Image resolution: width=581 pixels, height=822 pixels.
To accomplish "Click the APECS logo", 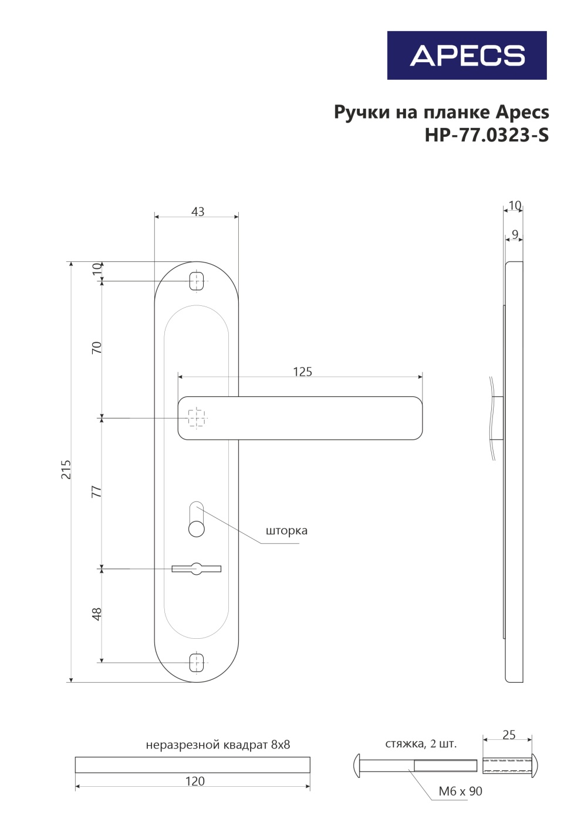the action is [x=467, y=55].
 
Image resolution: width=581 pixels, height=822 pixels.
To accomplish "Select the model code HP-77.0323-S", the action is [x=487, y=135].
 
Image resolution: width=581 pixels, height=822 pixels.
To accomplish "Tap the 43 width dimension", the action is [x=198, y=212].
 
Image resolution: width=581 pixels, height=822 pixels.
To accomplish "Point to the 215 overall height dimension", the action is [x=66, y=469].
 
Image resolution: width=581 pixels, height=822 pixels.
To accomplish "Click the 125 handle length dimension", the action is [x=303, y=372].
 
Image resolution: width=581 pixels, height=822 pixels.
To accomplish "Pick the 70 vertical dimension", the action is [x=96, y=348].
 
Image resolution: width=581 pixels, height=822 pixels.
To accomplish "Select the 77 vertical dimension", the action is [x=96, y=492].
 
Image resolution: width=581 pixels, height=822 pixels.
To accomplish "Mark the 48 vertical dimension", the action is [x=96, y=614].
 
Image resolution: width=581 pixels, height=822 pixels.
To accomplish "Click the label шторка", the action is [x=286, y=531].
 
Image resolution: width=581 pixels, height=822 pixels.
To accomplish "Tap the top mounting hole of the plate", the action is [x=197, y=281].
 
